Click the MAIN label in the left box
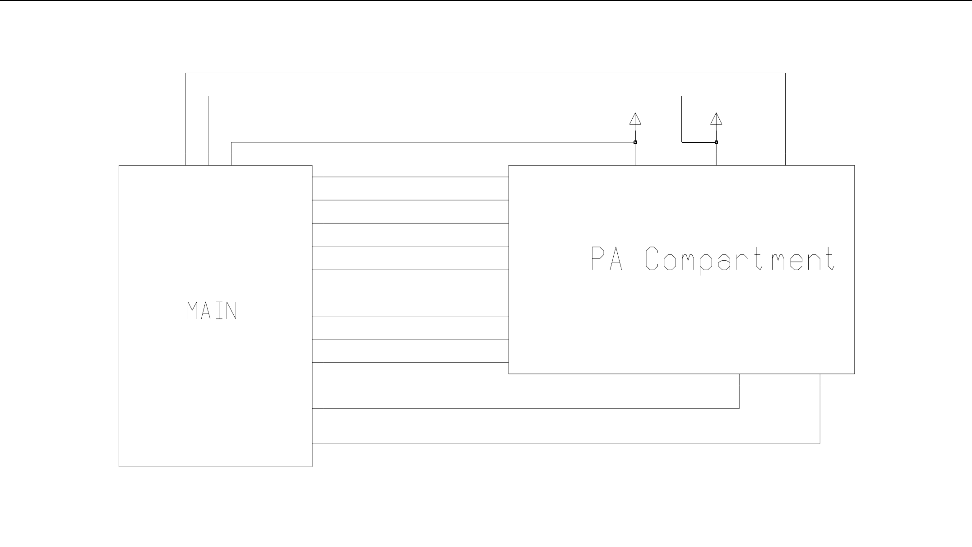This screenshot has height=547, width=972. (x=212, y=311)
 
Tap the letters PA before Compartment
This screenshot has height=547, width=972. (x=607, y=258)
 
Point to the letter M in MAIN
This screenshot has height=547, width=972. (x=193, y=311)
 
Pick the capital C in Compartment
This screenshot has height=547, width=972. (x=651, y=258)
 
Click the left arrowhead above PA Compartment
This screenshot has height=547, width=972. (x=635, y=119)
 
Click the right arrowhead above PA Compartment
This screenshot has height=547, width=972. (x=716, y=119)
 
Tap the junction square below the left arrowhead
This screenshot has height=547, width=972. (x=635, y=142)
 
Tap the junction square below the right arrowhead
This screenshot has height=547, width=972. (x=716, y=142)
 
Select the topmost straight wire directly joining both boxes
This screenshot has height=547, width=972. (x=411, y=177)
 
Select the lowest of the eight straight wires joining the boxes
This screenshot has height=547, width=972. (x=411, y=362)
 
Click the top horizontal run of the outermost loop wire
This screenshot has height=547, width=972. (x=485, y=73)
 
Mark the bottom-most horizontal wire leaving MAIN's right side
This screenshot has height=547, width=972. (x=564, y=444)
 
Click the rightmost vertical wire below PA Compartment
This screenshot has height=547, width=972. (x=820, y=409)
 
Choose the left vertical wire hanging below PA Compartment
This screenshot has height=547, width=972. (x=739, y=391)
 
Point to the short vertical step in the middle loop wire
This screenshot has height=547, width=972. (x=681, y=119)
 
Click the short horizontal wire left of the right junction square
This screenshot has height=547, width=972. (x=698, y=142)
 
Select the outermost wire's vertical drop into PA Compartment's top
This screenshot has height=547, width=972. (x=785, y=119)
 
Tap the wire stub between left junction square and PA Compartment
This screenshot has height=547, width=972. (x=635, y=154)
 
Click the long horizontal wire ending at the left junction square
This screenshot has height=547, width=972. (x=433, y=142)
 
